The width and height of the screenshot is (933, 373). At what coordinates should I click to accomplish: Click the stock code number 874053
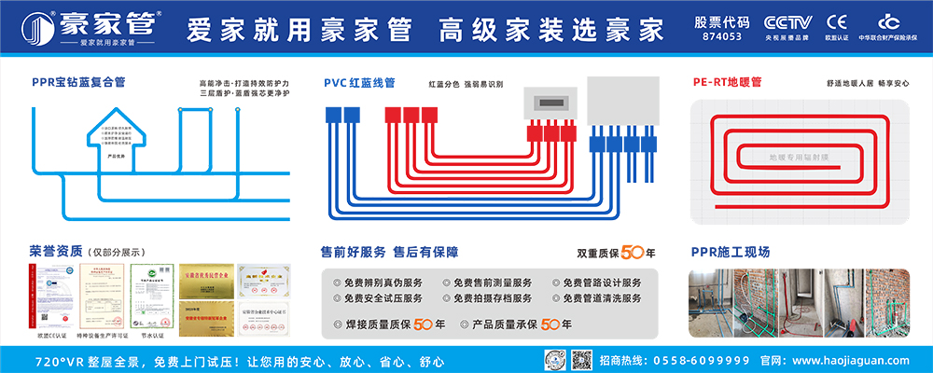(721, 37)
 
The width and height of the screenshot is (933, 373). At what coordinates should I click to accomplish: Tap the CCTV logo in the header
(789, 22)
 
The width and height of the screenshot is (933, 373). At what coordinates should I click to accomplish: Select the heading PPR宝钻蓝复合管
(77, 82)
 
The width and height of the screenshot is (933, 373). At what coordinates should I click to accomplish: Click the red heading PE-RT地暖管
(727, 82)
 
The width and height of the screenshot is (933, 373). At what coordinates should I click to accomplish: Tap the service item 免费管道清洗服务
(602, 298)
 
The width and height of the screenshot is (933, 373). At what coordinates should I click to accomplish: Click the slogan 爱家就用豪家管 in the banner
(299, 29)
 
